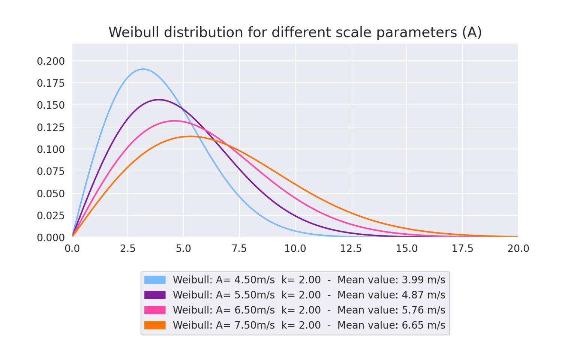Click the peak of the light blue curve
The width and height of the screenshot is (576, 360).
coord(143,69)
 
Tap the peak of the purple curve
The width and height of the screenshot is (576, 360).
coord(159,99)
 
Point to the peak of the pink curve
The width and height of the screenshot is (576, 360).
coord(174,121)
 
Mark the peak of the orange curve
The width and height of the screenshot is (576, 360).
coord(190,136)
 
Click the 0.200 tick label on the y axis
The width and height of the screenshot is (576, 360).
coord(51,61)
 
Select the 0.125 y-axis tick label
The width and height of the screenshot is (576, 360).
coord(51,127)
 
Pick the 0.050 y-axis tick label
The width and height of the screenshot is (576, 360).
coord(51,193)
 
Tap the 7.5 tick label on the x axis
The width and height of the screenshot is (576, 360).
coord(239,249)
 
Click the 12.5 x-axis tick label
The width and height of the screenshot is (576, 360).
coord(351,249)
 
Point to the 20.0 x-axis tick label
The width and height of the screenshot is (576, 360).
coord(518,249)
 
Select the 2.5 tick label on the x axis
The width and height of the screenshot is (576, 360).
coord(127,249)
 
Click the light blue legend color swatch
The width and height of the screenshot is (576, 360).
coord(155,280)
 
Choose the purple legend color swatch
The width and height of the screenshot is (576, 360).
coord(155,295)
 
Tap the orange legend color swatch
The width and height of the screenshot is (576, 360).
coord(155,325)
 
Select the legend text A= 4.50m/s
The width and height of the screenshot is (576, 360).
coord(245,280)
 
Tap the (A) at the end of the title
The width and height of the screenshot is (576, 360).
coord(472,33)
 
